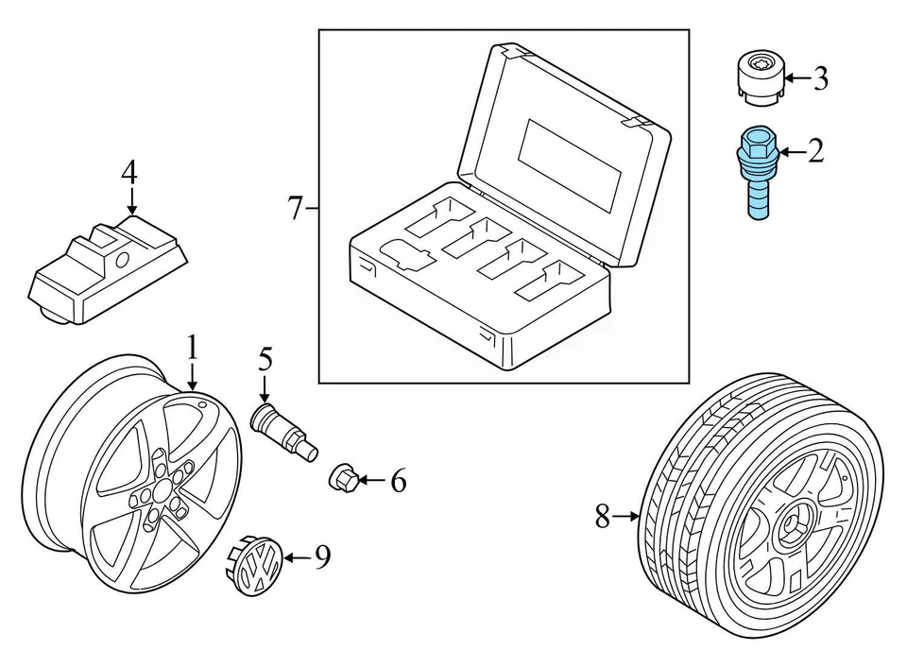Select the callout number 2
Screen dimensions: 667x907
pyautogui.click(x=814, y=149)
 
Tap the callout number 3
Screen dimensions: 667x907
pyautogui.click(x=819, y=78)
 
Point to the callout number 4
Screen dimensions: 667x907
pyautogui.click(x=129, y=173)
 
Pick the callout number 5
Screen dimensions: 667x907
pyautogui.click(x=265, y=360)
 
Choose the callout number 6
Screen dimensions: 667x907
pyautogui.click(x=398, y=482)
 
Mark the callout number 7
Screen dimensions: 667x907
pyautogui.click(x=295, y=207)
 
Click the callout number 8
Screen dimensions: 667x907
pyautogui.click(x=603, y=517)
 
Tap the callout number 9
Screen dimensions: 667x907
pyautogui.click(x=322, y=558)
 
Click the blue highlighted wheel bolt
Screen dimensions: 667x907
pyautogui.click(x=757, y=170)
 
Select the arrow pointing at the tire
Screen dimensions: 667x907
pyautogui.click(x=627, y=517)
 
